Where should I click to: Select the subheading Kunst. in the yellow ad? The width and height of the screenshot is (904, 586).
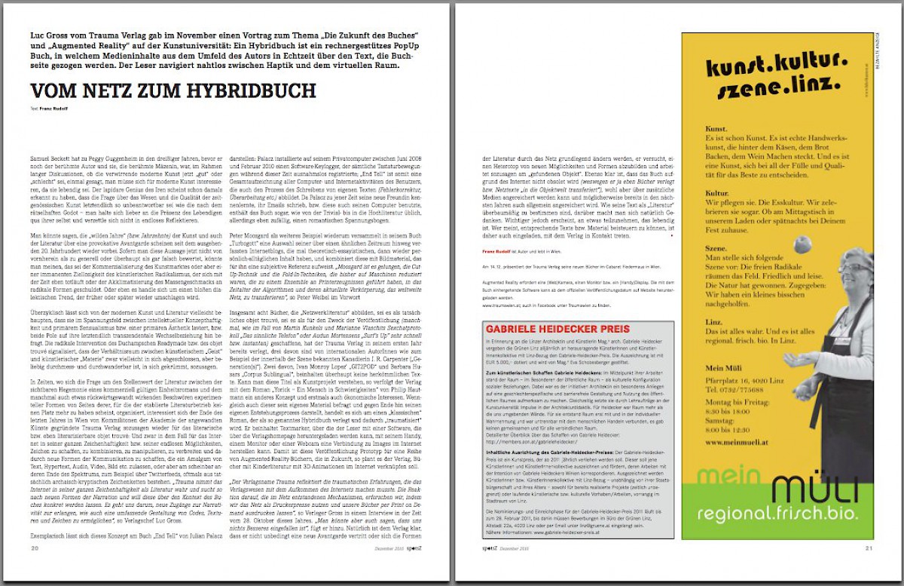(718, 130)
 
